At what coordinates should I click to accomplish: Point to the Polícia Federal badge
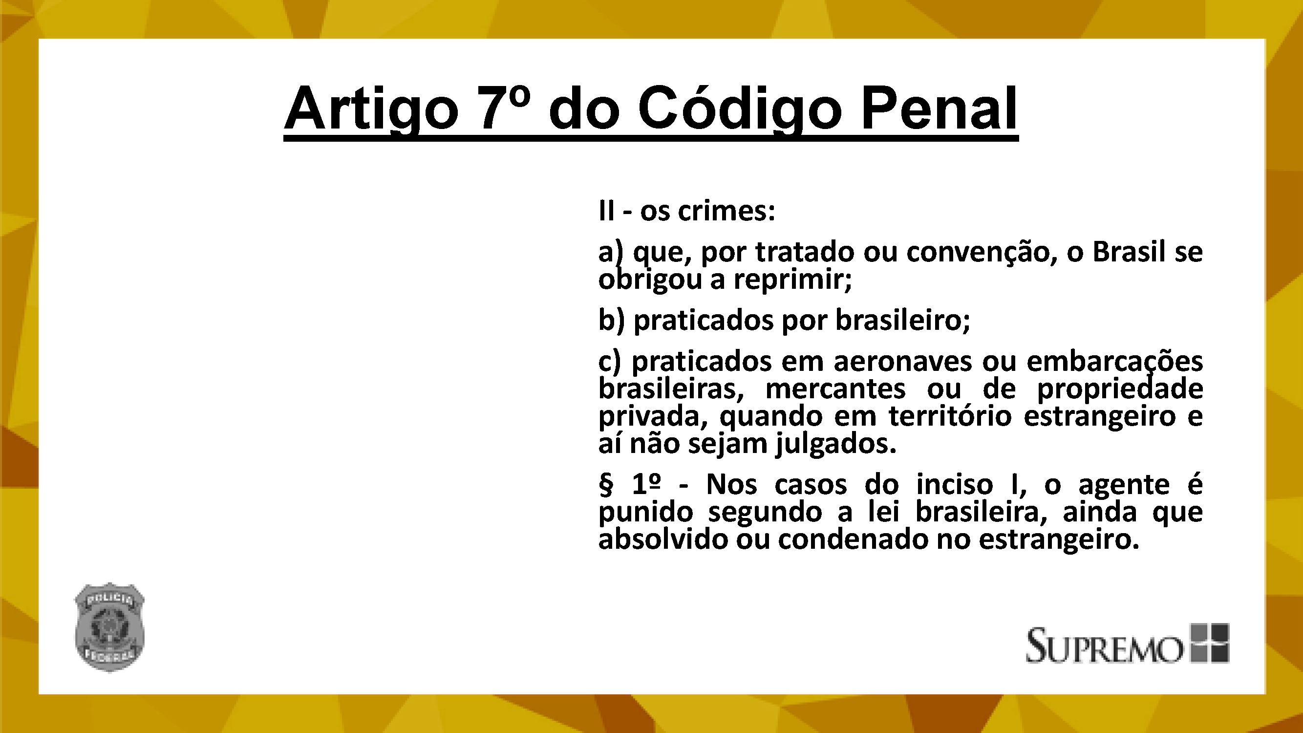[110, 627]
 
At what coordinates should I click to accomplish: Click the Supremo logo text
[1104, 645]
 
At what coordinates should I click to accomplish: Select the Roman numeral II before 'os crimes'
[606, 211]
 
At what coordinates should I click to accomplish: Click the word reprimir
[793, 280]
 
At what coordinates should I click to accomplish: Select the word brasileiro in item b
[902, 320]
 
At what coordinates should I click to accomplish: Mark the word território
[950, 417]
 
